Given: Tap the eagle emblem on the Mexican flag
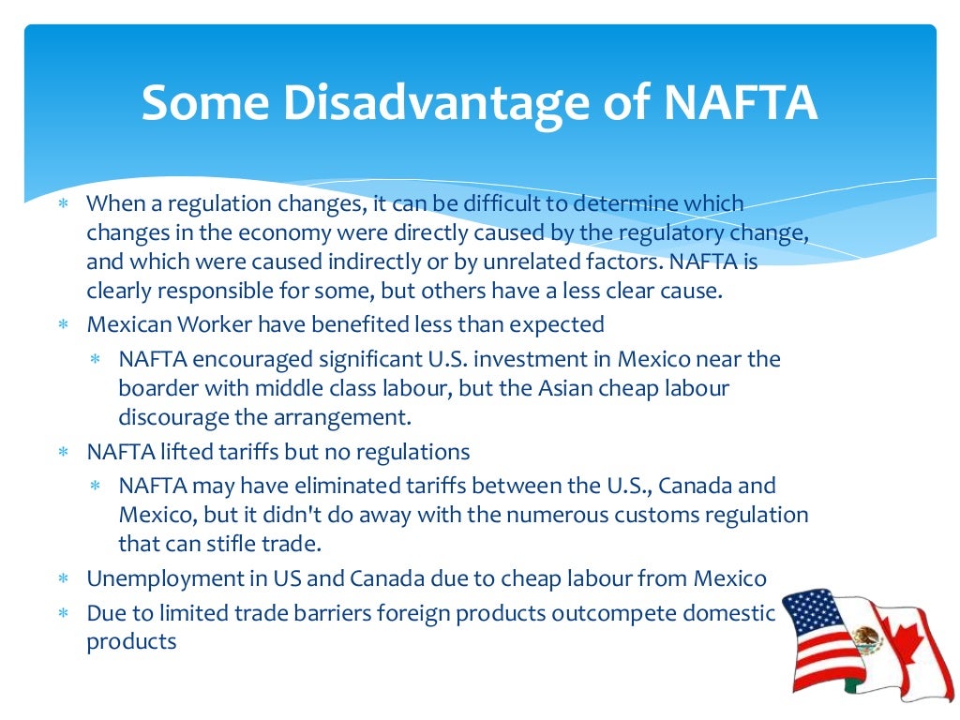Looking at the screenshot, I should [867, 641].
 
